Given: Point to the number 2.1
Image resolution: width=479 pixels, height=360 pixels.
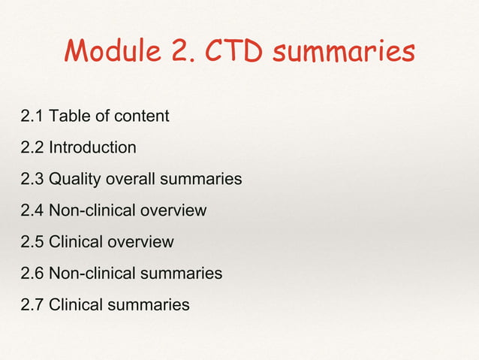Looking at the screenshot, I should [32, 116].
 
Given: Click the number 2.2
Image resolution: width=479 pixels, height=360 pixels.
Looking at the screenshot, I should [32, 147].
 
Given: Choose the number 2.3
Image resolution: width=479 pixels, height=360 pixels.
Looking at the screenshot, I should [32, 179].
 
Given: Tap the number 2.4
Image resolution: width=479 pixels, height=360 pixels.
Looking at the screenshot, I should [32, 210].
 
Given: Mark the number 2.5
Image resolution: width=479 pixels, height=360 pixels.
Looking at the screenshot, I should [32, 242].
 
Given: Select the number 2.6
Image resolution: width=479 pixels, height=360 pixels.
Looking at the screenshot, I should [32, 274].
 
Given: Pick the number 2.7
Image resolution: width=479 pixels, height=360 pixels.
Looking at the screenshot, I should [32, 305].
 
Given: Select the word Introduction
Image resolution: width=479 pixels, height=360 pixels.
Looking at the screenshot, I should [92, 147].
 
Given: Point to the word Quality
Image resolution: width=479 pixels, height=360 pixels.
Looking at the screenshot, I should [74, 179].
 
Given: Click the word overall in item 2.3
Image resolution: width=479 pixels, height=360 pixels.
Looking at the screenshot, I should [131, 179].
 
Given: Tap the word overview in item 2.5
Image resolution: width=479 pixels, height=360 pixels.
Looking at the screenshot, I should [141, 242].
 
